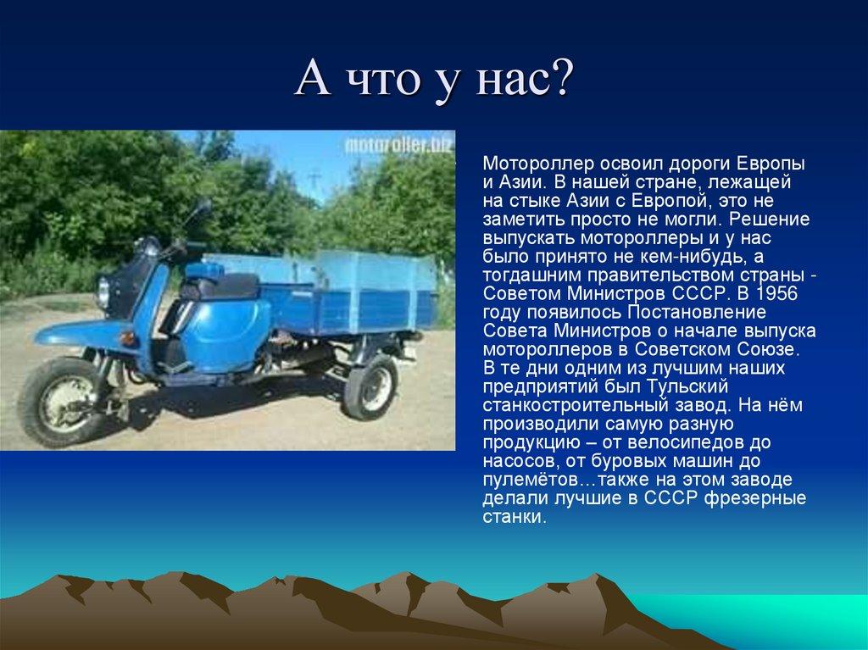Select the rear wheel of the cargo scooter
point(370,386)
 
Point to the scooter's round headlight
point(103,292)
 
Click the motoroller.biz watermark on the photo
point(398,145)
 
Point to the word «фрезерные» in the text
point(755,498)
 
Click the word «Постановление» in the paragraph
point(697,312)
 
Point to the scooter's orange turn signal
point(128,338)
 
